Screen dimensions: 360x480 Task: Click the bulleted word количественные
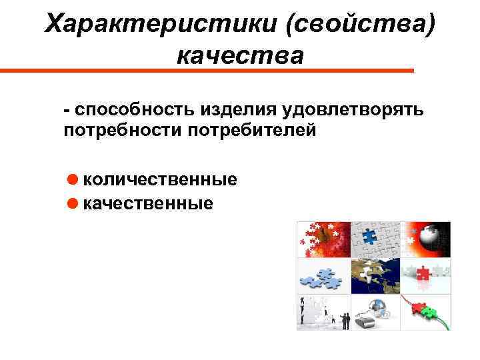point(161,179)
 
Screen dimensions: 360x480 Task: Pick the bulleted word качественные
point(149,203)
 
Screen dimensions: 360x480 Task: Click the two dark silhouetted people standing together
point(345,321)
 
